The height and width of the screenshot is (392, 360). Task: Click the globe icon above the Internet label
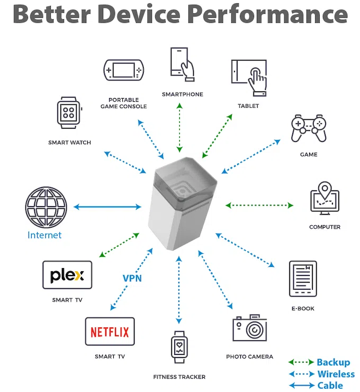click(x=46, y=207)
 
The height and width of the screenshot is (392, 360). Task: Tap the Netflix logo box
click(x=110, y=332)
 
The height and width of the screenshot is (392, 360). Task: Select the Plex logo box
click(x=67, y=275)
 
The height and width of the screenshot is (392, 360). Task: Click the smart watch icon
click(x=69, y=113)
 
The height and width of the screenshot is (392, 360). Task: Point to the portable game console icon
click(x=124, y=70)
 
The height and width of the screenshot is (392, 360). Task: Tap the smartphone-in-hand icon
click(x=182, y=64)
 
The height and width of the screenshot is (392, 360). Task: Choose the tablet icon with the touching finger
click(x=249, y=78)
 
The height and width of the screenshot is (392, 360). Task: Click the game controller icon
click(x=309, y=128)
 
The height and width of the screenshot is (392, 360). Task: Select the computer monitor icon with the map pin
click(x=325, y=198)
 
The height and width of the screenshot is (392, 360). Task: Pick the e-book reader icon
click(x=303, y=279)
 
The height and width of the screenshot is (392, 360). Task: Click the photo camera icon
click(x=249, y=328)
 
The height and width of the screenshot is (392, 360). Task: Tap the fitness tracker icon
click(x=179, y=348)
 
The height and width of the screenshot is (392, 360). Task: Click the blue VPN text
click(x=132, y=278)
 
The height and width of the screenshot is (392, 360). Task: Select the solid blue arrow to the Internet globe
click(x=107, y=207)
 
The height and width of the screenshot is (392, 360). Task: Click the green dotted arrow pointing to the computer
click(x=259, y=206)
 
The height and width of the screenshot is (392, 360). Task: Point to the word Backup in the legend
click(x=334, y=362)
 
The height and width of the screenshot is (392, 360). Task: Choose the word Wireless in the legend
click(x=336, y=374)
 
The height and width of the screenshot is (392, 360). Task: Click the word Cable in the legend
click(x=330, y=386)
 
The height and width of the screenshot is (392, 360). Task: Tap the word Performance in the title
click(x=267, y=14)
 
